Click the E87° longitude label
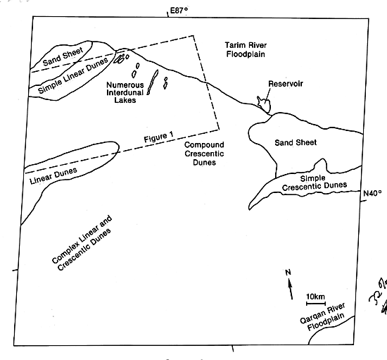pyautogui.click(x=179, y=11)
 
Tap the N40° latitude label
pyautogui.click(x=372, y=193)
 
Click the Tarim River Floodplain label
pyautogui.click(x=246, y=49)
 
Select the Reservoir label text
pyautogui.click(x=286, y=84)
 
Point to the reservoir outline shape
pyautogui.click(x=265, y=104)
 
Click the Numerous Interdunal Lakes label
pyautogui.click(x=125, y=92)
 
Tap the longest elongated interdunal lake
pyautogui.click(x=153, y=82)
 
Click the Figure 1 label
pyautogui.click(x=159, y=137)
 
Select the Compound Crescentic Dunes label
pyautogui.click(x=204, y=154)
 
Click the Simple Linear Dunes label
pyautogui.click(x=73, y=75)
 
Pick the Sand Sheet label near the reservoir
pyautogui.click(x=296, y=142)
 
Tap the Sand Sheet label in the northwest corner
pyautogui.click(x=63, y=57)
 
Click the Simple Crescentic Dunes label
pyautogui.click(x=315, y=183)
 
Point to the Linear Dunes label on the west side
pyautogui.click(x=53, y=175)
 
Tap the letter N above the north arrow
pyautogui.click(x=288, y=273)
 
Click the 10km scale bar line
pyautogui.click(x=316, y=303)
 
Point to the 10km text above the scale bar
pyautogui.click(x=316, y=297)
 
